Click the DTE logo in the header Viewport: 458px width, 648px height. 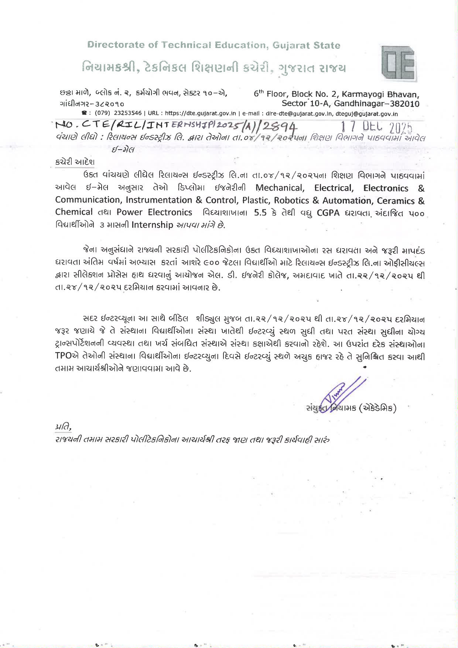click(399, 64)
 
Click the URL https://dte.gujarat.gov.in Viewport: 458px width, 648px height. click(200, 113)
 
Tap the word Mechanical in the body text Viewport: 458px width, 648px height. click(280, 188)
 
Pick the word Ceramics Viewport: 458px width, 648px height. click(396, 201)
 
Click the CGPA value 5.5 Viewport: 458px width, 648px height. click(260, 213)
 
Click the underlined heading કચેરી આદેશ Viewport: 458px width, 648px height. click(75, 162)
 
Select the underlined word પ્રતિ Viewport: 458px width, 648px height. click(63, 427)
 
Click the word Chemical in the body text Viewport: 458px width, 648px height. click(74, 212)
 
